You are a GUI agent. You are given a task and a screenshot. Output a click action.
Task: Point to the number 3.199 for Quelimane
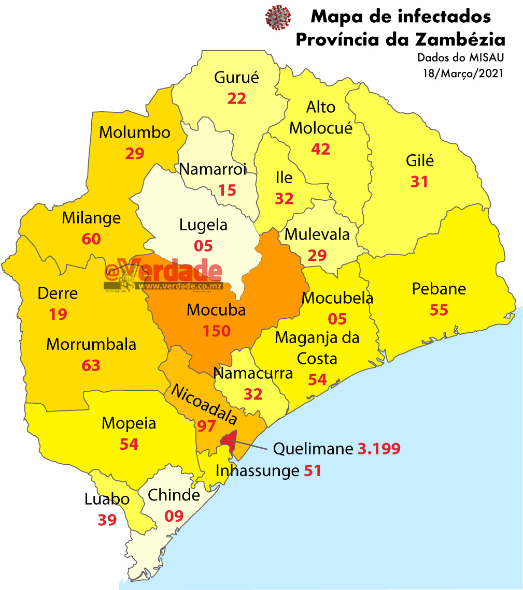[x=379, y=449]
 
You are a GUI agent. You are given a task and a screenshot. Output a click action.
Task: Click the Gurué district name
[x=236, y=78]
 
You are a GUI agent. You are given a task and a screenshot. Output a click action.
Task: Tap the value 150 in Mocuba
[x=217, y=331]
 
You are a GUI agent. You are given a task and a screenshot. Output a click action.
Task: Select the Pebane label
[x=439, y=289]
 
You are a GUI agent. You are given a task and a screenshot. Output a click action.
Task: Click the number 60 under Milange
[x=91, y=239]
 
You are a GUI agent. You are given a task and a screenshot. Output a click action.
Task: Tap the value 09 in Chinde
[x=174, y=516]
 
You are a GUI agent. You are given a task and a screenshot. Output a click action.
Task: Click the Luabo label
[x=107, y=499]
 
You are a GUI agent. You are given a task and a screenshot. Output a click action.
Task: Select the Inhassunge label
[x=257, y=471]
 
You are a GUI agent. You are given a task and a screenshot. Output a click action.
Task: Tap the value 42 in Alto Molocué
[x=320, y=149]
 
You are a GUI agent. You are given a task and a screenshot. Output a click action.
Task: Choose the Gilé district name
[x=419, y=160]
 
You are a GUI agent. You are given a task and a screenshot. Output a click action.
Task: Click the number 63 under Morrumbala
[x=91, y=365]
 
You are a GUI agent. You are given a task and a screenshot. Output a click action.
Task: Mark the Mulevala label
[x=317, y=234]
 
